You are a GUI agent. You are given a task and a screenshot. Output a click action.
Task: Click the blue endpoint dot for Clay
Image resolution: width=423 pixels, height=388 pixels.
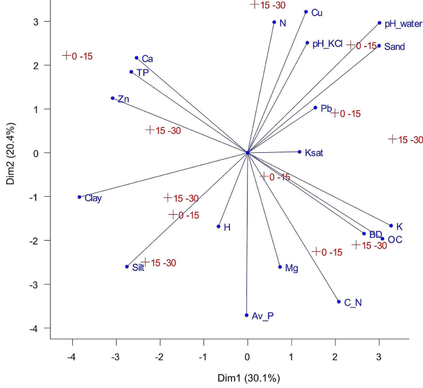[x=79, y=197]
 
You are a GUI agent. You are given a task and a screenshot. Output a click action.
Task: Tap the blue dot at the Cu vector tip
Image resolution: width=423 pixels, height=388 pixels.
[x=306, y=12]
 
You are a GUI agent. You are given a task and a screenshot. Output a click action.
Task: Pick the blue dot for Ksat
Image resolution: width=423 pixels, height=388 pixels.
[x=300, y=152]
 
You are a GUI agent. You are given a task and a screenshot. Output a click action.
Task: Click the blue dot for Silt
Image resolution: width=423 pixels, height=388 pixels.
[x=127, y=267]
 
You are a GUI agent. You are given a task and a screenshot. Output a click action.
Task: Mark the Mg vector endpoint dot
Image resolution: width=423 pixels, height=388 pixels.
[x=280, y=267]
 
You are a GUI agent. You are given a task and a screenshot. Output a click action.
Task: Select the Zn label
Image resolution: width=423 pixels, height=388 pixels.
[x=123, y=99]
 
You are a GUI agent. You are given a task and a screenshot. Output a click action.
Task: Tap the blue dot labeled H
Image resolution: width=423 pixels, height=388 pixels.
[x=219, y=226]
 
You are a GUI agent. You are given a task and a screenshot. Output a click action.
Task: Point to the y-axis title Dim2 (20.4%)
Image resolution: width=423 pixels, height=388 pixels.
[x=10, y=153]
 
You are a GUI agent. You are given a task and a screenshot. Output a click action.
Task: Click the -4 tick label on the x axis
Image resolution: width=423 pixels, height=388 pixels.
[x=72, y=357]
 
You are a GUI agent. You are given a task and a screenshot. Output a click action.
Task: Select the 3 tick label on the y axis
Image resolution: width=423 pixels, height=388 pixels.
[x=36, y=22]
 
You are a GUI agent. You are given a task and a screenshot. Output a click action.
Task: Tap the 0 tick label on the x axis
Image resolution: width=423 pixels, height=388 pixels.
[x=248, y=357]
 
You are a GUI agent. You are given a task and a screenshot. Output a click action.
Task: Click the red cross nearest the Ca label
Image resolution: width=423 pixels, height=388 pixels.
[x=67, y=55]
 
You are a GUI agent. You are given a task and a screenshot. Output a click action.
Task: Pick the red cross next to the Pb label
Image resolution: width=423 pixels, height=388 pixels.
[x=335, y=113]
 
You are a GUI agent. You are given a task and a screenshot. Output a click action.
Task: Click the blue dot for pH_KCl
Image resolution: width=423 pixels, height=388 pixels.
[x=307, y=43]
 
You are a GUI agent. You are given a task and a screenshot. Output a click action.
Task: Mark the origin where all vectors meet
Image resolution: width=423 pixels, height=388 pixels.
[x=248, y=152]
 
